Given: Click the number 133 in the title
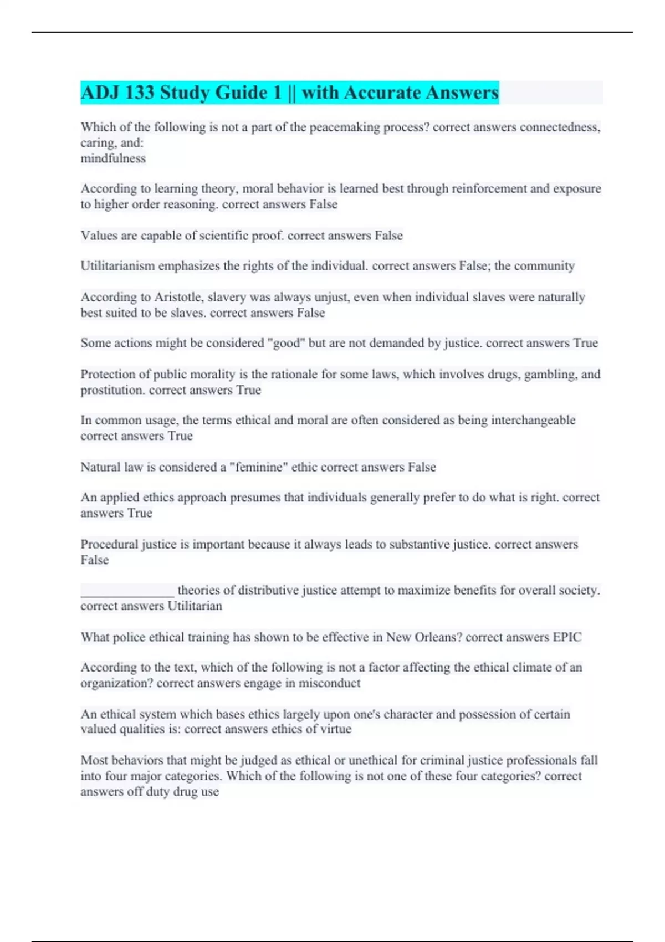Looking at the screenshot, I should point(139,93).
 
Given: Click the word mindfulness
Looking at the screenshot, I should point(113,158).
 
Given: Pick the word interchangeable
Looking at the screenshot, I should point(533,421).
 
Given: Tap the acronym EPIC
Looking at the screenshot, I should point(567,637).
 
